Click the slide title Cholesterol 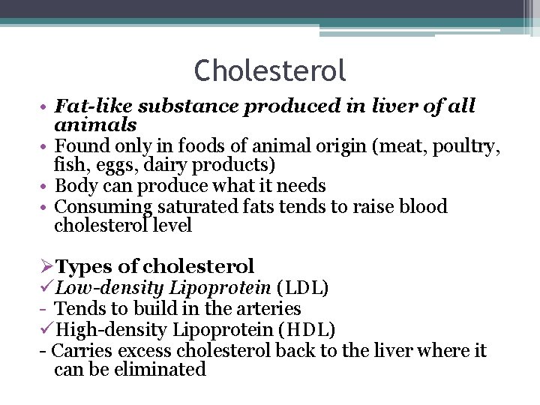270,71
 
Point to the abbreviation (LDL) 303,287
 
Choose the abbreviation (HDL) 308,329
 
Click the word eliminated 160,370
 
